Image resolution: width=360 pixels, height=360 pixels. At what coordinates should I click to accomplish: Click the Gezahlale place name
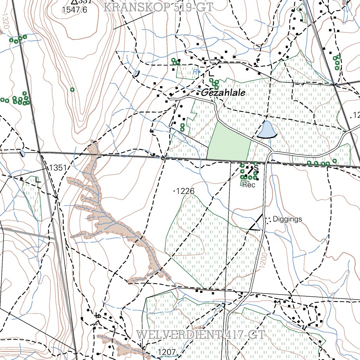click(223, 93)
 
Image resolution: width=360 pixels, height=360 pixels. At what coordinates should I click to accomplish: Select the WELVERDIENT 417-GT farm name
click(200, 334)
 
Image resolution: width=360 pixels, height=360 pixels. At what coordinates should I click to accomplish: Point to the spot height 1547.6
click(74, 10)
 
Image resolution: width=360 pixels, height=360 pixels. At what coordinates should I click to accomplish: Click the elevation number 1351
click(58, 168)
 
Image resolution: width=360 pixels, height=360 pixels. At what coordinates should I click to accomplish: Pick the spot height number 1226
click(185, 191)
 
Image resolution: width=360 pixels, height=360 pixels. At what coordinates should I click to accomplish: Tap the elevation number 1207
click(166, 352)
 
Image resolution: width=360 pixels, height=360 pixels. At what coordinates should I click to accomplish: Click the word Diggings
click(287, 219)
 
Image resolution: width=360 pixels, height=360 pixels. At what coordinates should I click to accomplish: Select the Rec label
click(249, 185)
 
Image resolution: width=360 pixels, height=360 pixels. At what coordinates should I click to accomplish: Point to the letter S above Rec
click(256, 168)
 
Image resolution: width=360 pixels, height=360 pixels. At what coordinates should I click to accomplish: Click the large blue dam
click(267, 130)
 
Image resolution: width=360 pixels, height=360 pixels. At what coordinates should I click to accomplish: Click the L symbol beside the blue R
click(211, 74)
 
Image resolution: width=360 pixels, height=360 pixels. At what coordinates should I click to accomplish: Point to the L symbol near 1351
click(38, 180)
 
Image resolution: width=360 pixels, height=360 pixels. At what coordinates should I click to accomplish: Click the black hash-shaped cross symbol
click(98, 315)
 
